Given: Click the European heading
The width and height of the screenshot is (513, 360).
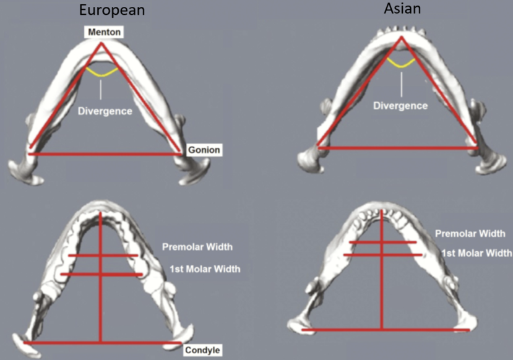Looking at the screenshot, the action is (x=112, y=10).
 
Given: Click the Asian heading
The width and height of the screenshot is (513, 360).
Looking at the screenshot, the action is (x=402, y=8).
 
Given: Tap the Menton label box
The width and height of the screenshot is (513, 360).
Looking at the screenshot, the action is (x=104, y=32).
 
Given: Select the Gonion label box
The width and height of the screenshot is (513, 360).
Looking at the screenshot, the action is (x=204, y=150).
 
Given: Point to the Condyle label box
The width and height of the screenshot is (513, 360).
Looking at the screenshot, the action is (x=202, y=350).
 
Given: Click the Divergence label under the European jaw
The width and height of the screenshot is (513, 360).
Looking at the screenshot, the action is (x=105, y=111).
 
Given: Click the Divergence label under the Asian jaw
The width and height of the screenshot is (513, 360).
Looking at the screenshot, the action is (x=400, y=106).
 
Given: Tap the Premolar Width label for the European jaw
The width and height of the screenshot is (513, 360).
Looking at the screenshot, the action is (x=197, y=247).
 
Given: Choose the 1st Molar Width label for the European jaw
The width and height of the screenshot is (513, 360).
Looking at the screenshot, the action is (x=205, y=269).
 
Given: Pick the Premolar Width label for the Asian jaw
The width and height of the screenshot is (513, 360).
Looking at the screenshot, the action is (x=470, y=233).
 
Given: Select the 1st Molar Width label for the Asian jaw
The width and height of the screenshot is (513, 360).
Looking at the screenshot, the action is (x=476, y=253).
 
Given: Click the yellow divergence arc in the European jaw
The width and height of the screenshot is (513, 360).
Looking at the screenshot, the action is (x=101, y=73).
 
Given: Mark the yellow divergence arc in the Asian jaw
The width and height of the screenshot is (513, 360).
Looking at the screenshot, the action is (x=401, y=64).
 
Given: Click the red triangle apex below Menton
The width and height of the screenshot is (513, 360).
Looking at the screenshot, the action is (x=101, y=43).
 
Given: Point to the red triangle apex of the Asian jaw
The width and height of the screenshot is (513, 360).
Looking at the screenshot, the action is (x=402, y=37).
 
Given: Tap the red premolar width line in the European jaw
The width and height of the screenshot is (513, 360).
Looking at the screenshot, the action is (x=103, y=255).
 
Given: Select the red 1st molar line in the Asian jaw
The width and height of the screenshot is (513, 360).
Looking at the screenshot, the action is (x=383, y=255).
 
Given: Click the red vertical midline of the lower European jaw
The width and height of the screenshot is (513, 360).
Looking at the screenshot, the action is (x=100, y=277).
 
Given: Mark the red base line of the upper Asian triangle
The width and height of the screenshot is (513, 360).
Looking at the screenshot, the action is (x=398, y=148).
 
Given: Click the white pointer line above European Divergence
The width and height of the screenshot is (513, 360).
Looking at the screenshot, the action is (x=101, y=90).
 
